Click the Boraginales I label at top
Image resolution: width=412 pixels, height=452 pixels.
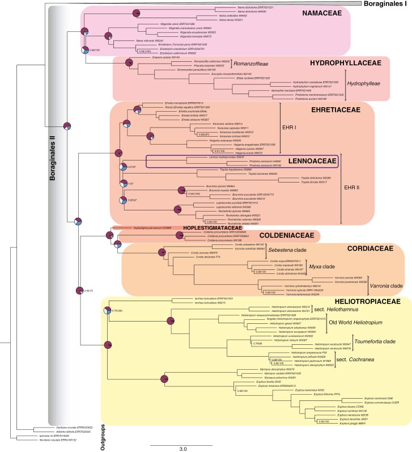383,4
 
